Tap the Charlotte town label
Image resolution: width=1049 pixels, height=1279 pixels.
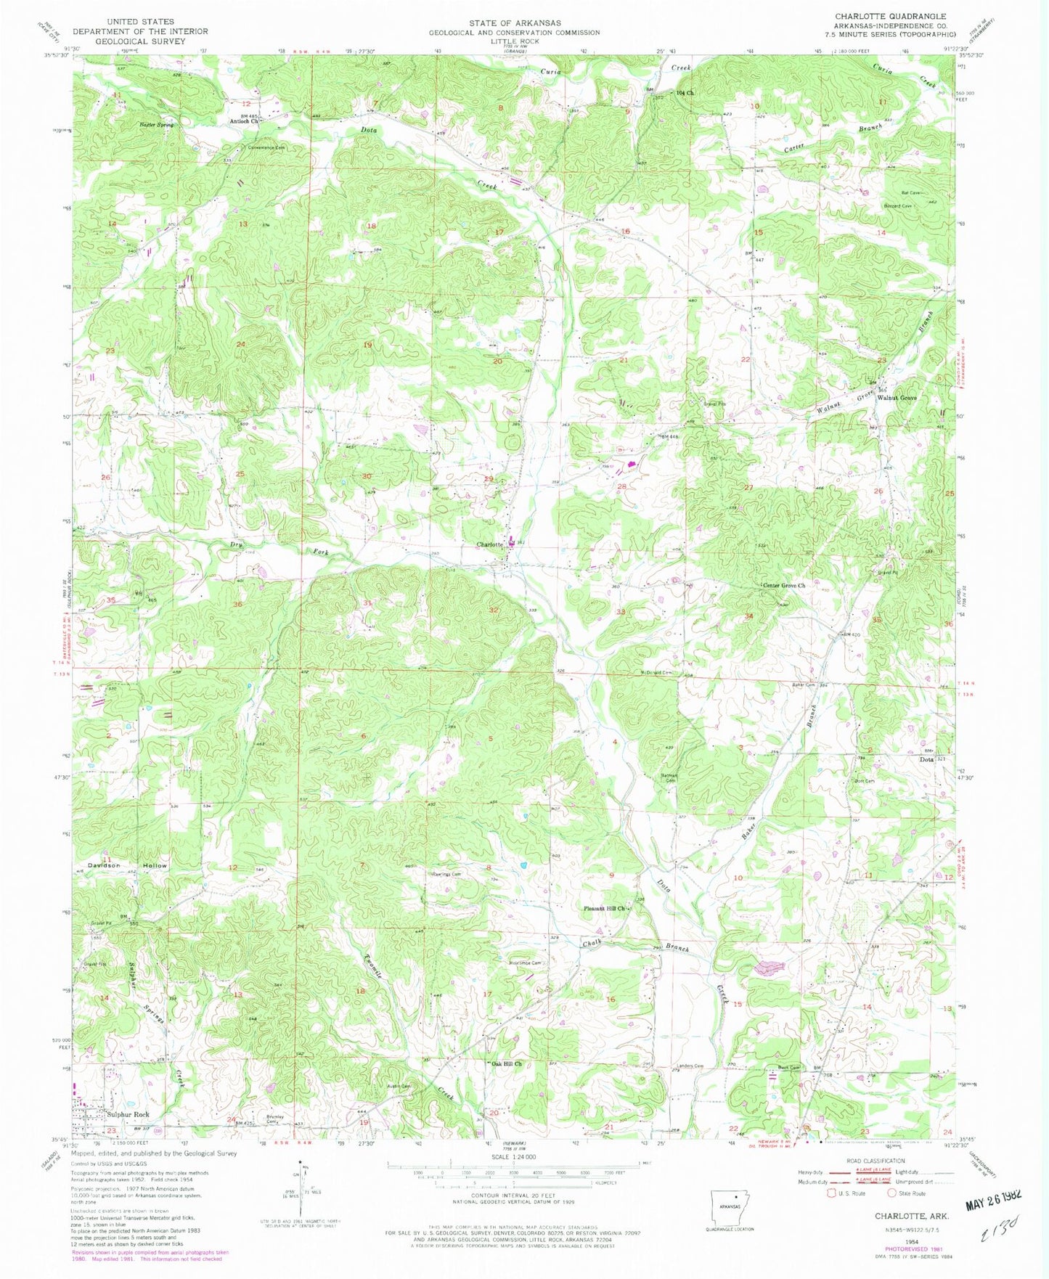point(490,544)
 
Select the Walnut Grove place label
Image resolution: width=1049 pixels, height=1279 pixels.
point(897,399)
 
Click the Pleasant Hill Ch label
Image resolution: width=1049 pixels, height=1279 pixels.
point(605,908)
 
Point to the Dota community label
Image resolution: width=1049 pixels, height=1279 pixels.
point(926,759)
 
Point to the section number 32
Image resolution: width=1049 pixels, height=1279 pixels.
point(494,610)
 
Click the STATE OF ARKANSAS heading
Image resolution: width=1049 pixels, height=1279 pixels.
point(514,23)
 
